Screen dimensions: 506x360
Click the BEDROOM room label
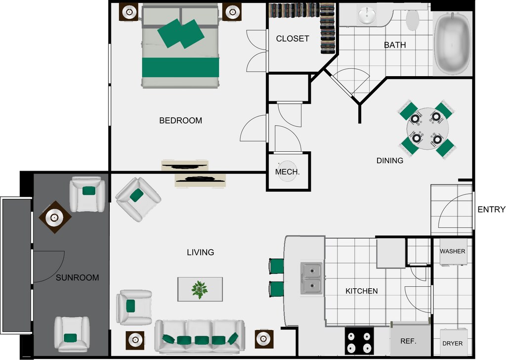click(180, 121)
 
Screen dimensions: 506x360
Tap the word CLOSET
click(293, 39)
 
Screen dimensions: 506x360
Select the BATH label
click(395, 45)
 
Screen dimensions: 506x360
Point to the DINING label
click(389, 160)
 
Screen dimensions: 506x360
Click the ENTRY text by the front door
click(491, 210)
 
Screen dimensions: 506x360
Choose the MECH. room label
click(287, 172)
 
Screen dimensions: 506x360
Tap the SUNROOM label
click(77, 278)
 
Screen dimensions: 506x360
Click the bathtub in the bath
click(452, 43)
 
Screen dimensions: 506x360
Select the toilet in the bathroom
click(413, 19)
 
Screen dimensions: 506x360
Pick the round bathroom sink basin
click(367, 15)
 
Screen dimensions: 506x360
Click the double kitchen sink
click(311, 278)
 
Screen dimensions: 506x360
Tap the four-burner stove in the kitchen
click(359, 341)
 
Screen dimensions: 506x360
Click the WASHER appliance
click(453, 252)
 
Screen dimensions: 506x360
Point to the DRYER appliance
click(453, 342)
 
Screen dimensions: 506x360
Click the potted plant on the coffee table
click(200, 290)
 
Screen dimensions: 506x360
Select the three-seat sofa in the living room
click(200, 337)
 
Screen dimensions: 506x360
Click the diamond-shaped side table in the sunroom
click(55, 217)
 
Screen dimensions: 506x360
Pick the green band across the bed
click(180, 67)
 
